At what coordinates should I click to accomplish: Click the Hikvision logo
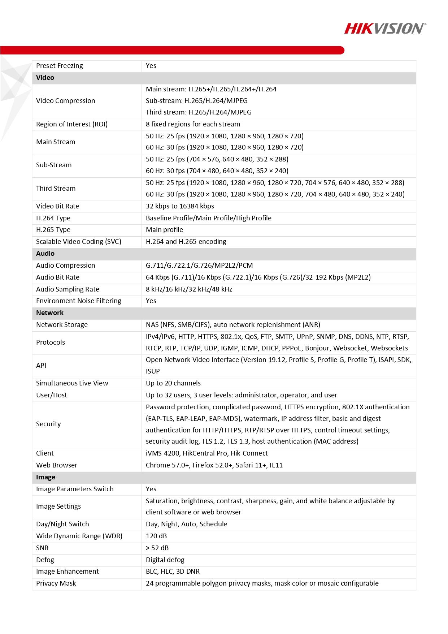click(x=385, y=28)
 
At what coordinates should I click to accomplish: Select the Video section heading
click(x=45, y=78)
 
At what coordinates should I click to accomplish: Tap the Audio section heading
click(x=45, y=254)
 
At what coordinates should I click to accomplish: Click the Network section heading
click(x=49, y=313)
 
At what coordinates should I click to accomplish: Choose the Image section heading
click(x=45, y=477)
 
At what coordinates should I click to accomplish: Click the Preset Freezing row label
click(x=59, y=66)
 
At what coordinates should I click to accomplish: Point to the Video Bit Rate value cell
click(x=180, y=206)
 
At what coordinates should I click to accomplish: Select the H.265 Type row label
click(x=53, y=230)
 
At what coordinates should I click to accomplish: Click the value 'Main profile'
click(x=164, y=230)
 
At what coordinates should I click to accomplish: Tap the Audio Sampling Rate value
click(x=189, y=289)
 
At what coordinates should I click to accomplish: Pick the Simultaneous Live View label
click(x=72, y=383)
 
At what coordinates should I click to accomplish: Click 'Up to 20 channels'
click(x=173, y=383)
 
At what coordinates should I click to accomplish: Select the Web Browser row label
click(x=56, y=465)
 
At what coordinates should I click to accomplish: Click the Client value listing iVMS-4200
click(x=206, y=453)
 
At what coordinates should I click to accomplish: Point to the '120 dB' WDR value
click(x=156, y=536)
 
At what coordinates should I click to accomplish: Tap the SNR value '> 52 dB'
click(x=157, y=548)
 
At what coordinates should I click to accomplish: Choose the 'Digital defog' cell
click(x=165, y=560)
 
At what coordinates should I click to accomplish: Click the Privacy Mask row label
click(x=56, y=583)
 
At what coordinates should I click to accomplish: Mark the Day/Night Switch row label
click(x=62, y=524)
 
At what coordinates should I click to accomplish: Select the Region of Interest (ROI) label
click(x=71, y=124)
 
